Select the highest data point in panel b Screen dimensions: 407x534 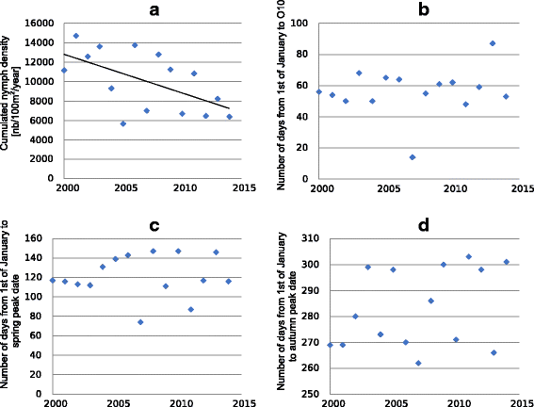(x=493, y=43)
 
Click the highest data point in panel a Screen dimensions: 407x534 (x=76, y=36)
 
